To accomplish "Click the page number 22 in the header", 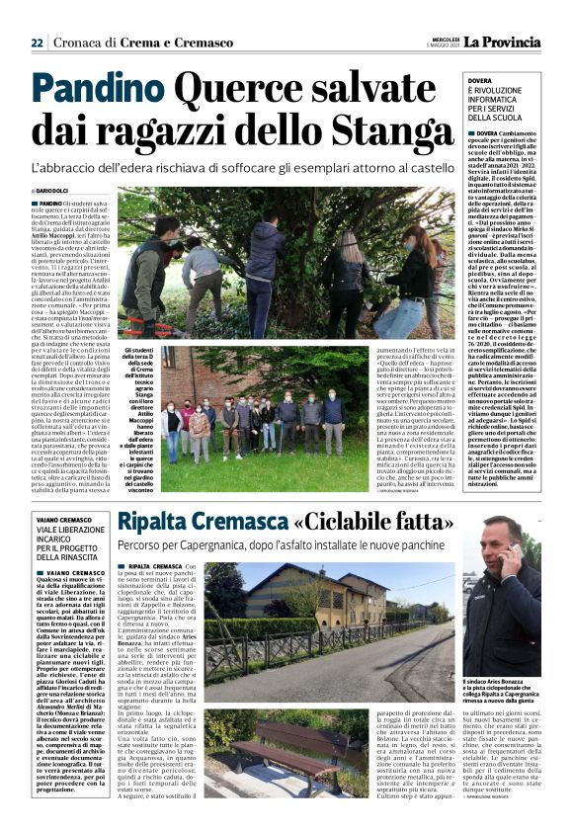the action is click(37, 43).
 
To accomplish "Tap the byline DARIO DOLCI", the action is click(58, 190).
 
